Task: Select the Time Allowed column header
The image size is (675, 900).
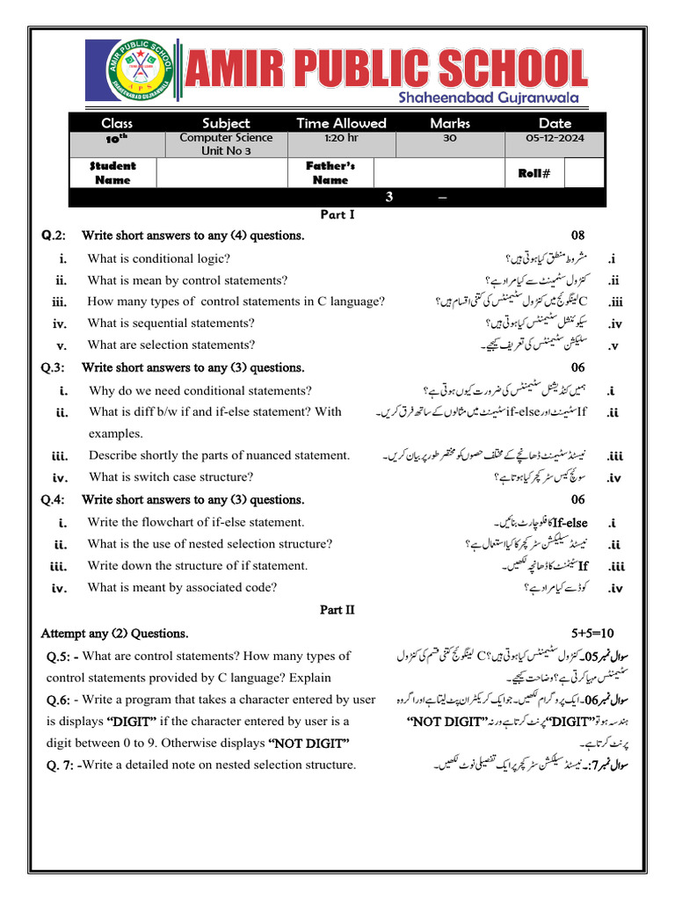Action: pyautogui.click(x=341, y=123)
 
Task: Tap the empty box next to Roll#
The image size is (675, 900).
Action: pyautogui.click(x=584, y=173)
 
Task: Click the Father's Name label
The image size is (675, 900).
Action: pyautogui.click(x=330, y=173)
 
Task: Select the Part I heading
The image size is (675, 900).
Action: pyautogui.click(x=337, y=214)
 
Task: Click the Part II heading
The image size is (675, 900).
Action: pyautogui.click(x=337, y=609)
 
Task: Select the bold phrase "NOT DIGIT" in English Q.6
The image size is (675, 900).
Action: pyautogui.click(x=301, y=743)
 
